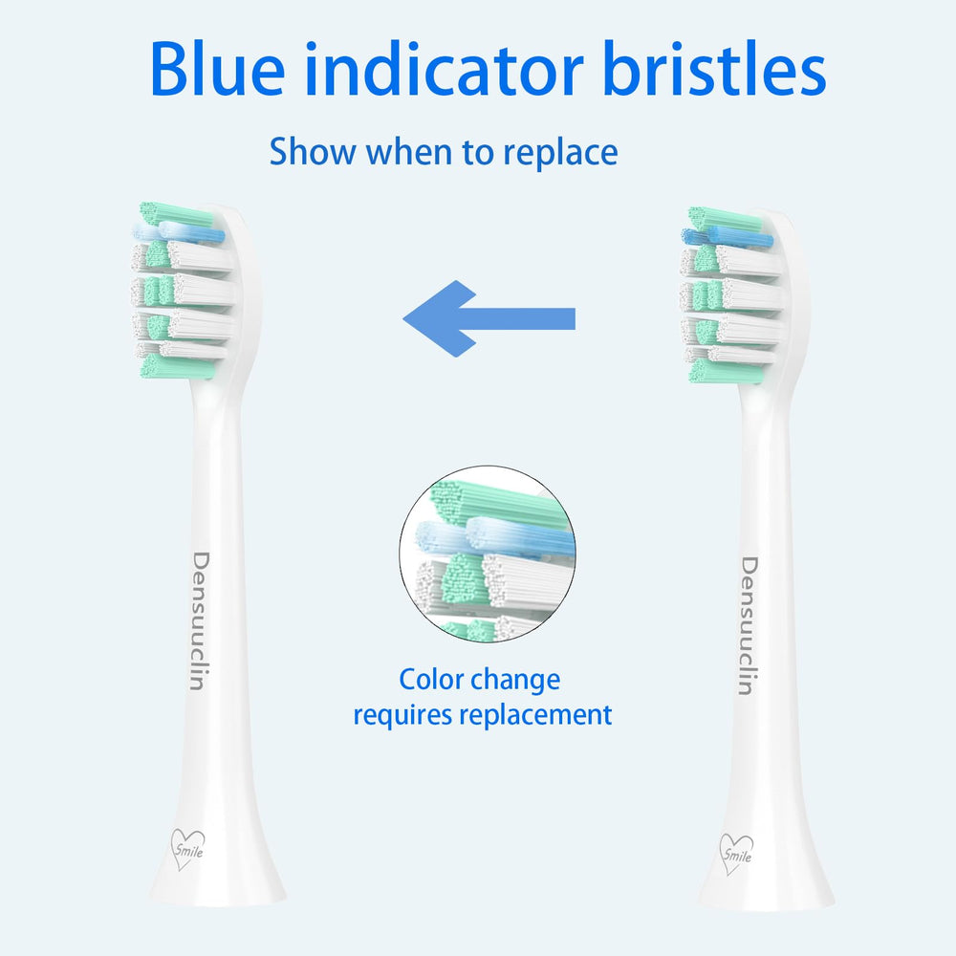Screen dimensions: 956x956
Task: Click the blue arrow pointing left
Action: pos(489,318)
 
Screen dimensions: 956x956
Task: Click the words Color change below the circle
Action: pos(479,680)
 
